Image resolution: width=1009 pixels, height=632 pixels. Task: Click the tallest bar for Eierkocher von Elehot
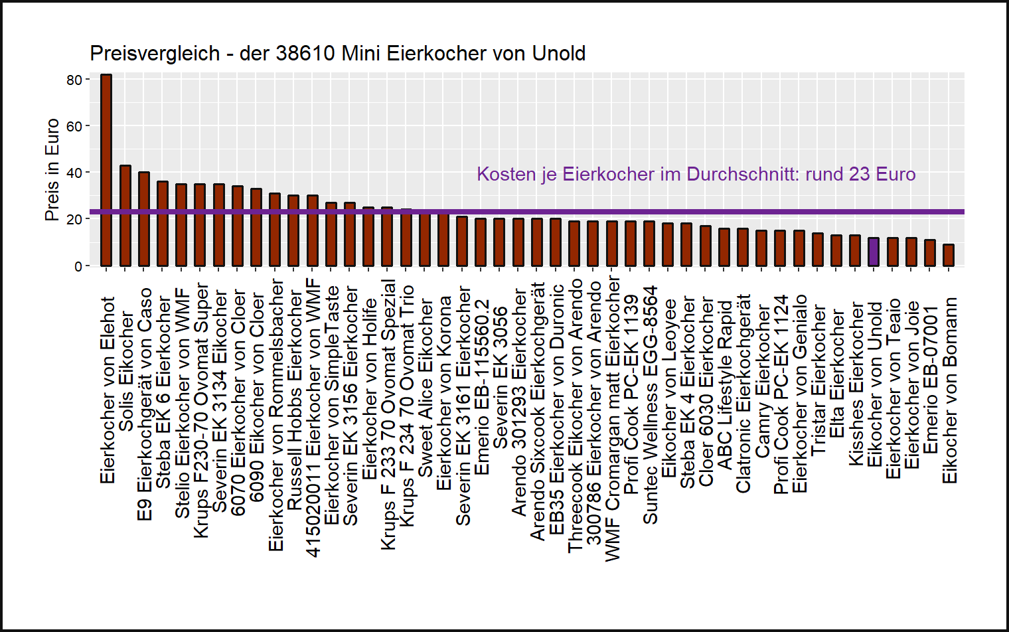(x=106, y=170)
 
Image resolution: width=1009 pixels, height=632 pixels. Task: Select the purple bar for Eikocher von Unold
(x=874, y=252)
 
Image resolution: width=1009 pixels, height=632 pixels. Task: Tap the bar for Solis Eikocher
(x=125, y=216)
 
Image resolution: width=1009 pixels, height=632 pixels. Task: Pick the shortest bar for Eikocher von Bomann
(x=949, y=256)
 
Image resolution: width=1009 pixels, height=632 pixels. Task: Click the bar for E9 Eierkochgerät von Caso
(x=143, y=219)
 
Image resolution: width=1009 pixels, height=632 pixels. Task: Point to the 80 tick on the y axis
(x=74, y=80)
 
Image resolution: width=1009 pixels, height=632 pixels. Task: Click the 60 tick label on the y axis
(x=74, y=126)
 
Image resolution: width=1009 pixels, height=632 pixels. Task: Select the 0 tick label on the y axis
(x=78, y=266)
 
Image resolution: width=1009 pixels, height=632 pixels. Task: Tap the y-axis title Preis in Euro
(x=52, y=170)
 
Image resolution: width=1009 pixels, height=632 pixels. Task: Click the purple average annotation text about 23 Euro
(x=696, y=174)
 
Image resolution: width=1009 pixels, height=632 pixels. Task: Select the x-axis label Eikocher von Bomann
(x=950, y=390)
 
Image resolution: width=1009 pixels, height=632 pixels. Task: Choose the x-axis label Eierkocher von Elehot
(x=108, y=390)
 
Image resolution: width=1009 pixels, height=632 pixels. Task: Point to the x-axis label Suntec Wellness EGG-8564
(x=651, y=405)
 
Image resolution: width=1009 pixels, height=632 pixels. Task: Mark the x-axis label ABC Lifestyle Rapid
(x=725, y=385)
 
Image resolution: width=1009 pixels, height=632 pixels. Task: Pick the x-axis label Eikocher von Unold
(x=875, y=385)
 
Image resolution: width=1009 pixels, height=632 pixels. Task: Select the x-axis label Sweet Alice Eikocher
(x=426, y=388)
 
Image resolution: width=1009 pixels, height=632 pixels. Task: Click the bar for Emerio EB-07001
(x=930, y=254)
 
